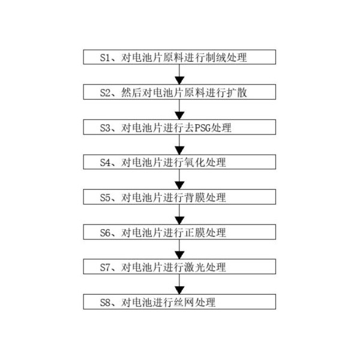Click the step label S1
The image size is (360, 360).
pyautogui.click(x=106, y=58)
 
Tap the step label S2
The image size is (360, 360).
pyautogui.click(x=106, y=92)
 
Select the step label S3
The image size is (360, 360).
pyautogui.click(x=106, y=128)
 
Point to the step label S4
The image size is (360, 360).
pyautogui.click(x=106, y=163)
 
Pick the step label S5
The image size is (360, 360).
pyautogui.click(x=106, y=197)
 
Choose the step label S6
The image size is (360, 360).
pyautogui.click(x=106, y=233)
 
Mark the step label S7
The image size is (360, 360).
pyautogui.click(x=106, y=267)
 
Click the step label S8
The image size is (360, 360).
pyautogui.click(x=106, y=302)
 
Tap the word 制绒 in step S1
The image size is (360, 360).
pyautogui.click(x=215, y=58)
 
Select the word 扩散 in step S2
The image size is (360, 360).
pyautogui.click(x=237, y=92)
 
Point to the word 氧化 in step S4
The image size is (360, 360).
pyautogui.click(x=194, y=163)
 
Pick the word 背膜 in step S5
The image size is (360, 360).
pyautogui.click(x=194, y=197)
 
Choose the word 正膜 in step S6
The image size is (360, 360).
pyautogui.click(x=194, y=233)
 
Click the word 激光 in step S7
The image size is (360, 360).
pyautogui.click(x=194, y=267)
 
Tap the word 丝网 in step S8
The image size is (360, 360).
pyautogui.click(x=184, y=302)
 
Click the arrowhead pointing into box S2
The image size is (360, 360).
pyautogui.click(x=179, y=80)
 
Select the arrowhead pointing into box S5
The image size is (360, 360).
pyautogui.click(x=179, y=185)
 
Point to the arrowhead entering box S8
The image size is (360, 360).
pyautogui.click(x=179, y=290)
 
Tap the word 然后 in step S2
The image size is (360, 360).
pyautogui.click(x=131, y=92)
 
